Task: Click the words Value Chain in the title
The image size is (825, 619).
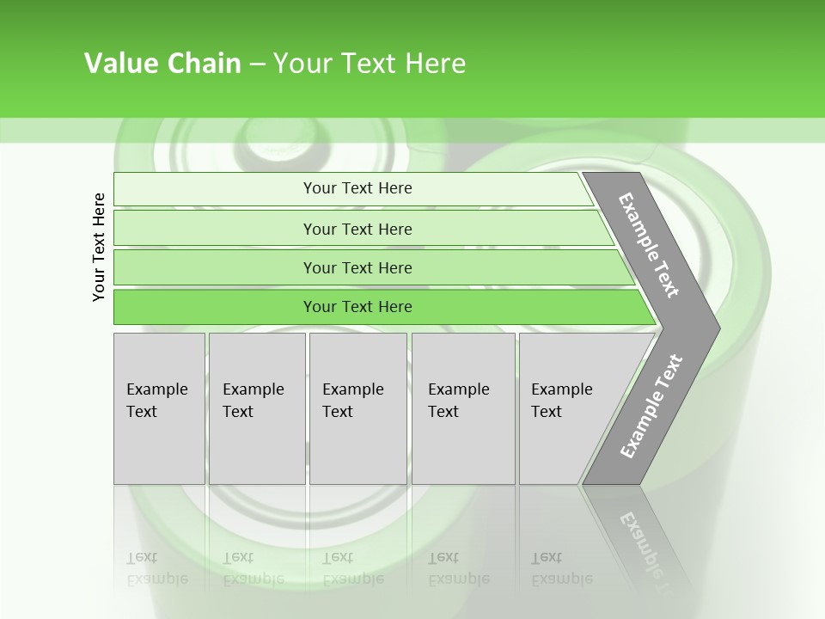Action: tap(162, 64)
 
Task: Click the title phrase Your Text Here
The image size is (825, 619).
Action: tap(370, 64)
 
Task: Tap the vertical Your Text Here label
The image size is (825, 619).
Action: tap(99, 247)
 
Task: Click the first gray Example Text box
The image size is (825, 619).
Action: tap(159, 408)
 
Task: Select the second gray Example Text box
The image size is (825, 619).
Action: tap(256, 408)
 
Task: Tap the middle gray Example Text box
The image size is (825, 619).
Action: tap(357, 408)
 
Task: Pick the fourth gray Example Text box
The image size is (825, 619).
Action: tap(463, 408)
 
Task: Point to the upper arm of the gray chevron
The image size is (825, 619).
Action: tap(649, 244)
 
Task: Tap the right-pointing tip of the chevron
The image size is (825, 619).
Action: tap(710, 328)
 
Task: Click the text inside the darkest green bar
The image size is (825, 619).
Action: tap(357, 307)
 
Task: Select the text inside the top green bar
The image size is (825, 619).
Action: tap(357, 188)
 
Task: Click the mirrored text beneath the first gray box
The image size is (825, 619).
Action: tap(157, 568)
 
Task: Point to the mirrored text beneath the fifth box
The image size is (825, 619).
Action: tap(561, 568)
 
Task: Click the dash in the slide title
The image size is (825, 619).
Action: tap(257, 64)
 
